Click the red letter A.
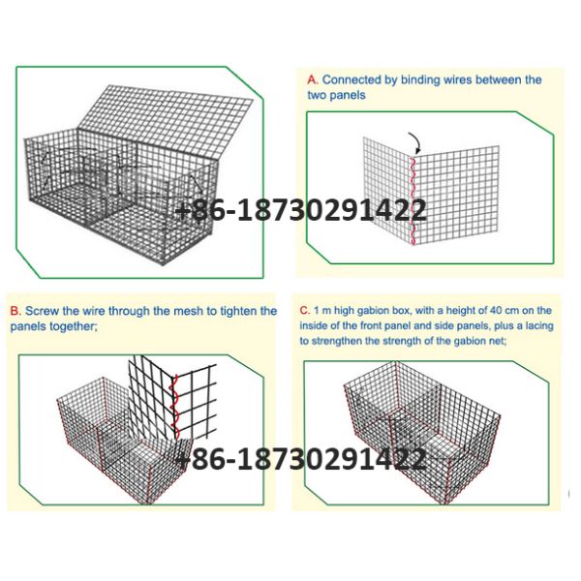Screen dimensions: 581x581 313,79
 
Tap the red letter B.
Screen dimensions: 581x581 15,311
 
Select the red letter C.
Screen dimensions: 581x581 304,310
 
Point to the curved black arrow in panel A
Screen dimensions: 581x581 415,142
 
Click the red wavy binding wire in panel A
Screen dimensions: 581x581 413,200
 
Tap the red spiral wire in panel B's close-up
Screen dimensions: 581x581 173,407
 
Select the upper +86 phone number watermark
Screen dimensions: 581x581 300,210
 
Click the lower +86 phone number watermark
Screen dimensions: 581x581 300,459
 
